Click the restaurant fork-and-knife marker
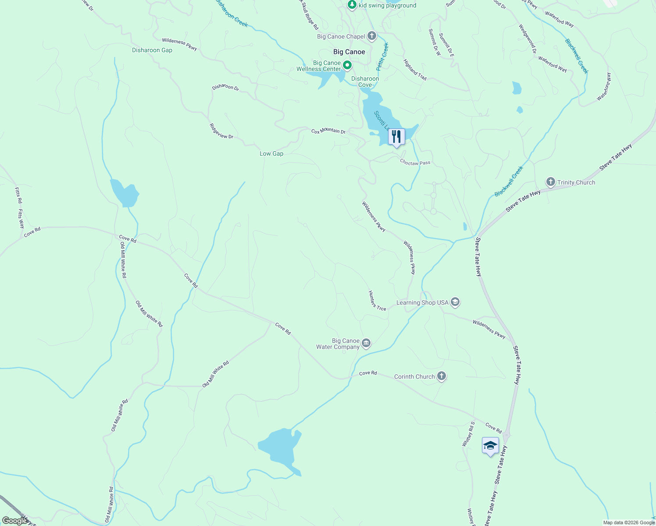396,137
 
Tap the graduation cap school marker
490,446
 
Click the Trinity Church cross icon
550,182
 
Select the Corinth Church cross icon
442,376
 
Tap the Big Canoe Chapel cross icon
372,36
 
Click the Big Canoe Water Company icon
366,343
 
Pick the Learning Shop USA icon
455,302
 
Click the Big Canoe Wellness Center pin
347,66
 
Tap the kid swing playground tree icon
352,5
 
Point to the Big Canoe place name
349,52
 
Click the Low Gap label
271,153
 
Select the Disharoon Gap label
152,50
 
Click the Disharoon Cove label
365,82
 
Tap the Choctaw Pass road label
415,163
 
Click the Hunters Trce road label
377,301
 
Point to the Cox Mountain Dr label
328,131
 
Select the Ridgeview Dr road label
221,131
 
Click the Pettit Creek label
382,57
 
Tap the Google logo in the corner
14,520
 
